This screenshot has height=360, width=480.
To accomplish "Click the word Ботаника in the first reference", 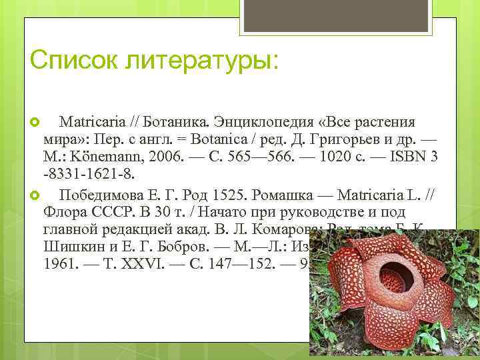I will pyautogui.click(x=181, y=123).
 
